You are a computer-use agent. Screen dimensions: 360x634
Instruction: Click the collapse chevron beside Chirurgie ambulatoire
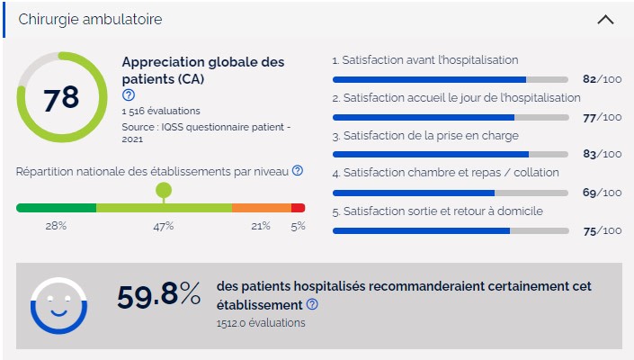pos(605,19)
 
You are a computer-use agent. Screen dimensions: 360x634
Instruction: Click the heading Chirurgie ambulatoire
pos(90,19)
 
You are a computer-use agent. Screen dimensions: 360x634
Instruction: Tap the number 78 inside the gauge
pos(61,98)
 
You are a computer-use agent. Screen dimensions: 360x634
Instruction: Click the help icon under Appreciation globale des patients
pos(128,94)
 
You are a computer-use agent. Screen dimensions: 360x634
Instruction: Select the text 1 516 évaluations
pos(161,111)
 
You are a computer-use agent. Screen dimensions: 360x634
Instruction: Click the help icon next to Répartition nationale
pos(298,170)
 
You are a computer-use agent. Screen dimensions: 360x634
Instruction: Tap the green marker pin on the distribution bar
pos(163,190)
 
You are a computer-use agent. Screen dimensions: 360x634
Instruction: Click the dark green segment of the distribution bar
pos(56,208)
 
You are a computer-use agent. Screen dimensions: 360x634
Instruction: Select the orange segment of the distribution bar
pos(261,208)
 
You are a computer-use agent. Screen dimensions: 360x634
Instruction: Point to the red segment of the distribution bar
pos(299,208)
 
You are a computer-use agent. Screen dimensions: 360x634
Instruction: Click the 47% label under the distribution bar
pos(163,226)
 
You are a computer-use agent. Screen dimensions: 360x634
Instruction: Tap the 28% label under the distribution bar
pos(56,226)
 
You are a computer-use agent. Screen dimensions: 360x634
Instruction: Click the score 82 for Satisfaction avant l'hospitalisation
pos(590,79)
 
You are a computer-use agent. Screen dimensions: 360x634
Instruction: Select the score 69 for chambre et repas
pos(590,193)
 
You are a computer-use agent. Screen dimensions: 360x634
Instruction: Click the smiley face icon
pos(58,305)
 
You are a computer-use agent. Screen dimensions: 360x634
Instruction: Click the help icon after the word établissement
pos(312,305)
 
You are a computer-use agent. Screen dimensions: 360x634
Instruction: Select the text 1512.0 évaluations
pos(261,322)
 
